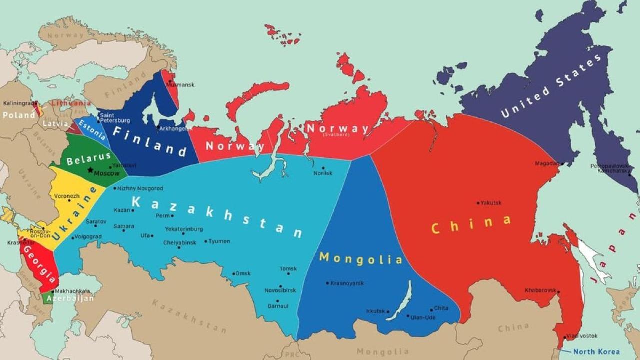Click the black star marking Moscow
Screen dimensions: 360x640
(90, 170)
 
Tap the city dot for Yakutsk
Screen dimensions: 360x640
(478, 203)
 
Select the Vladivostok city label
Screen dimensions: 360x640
(582, 336)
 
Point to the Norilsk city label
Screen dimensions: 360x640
(323, 173)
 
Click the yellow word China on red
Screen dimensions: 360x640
(471, 224)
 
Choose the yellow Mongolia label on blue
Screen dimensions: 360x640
(361, 258)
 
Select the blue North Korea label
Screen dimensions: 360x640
(596, 352)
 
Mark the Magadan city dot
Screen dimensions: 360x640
(562, 164)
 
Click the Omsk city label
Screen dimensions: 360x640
(243, 273)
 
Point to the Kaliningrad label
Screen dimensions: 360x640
(17, 103)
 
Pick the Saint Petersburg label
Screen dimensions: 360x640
(115, 118)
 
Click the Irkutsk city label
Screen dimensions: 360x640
(375, 311)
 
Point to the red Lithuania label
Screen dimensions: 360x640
(71, 103)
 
